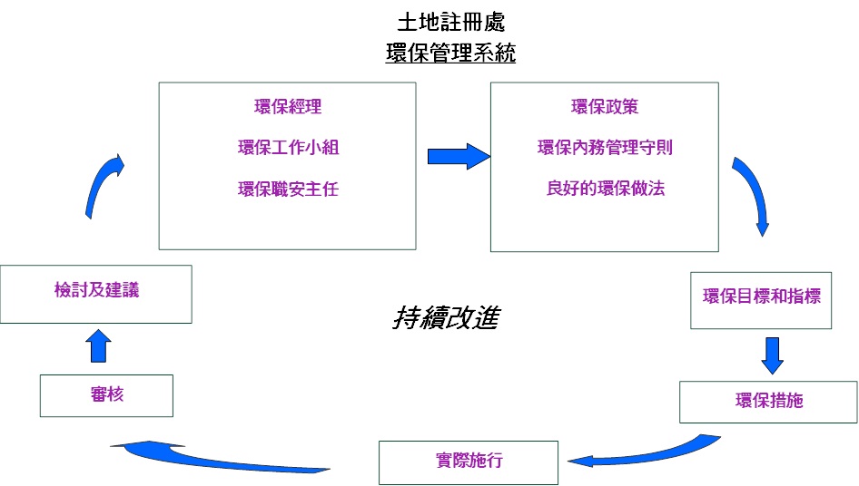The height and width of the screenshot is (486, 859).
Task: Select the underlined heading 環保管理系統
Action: coord(450,53)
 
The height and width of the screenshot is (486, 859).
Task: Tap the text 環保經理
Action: coord(287,107)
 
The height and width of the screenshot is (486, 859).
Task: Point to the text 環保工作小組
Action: coord(287,148)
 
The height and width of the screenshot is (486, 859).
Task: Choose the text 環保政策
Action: coord(604,107)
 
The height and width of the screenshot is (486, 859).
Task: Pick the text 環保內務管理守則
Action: coord(604,148)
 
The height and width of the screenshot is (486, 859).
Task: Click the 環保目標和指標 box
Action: coord(762,298)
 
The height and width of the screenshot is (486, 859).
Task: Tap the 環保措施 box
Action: coord(768,402)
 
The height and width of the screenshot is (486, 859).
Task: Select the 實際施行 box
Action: coord(469,462)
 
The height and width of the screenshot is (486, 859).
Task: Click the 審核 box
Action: coord(106,395)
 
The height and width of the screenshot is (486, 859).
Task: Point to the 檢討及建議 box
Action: coord(96,293)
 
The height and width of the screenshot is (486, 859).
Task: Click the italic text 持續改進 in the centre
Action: coord(445,318)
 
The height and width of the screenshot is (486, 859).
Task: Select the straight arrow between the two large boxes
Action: coord(459,155)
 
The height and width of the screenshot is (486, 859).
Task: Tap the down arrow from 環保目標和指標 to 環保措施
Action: coord(772,355)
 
